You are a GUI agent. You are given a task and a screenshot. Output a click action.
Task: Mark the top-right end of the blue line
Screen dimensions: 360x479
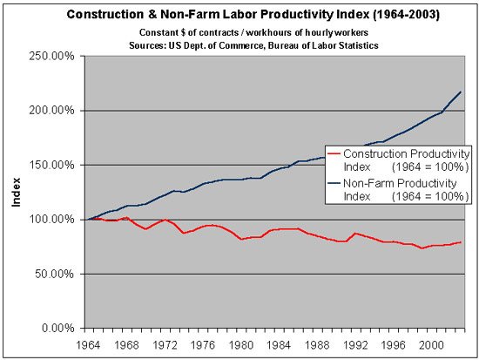pos(461,92)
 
